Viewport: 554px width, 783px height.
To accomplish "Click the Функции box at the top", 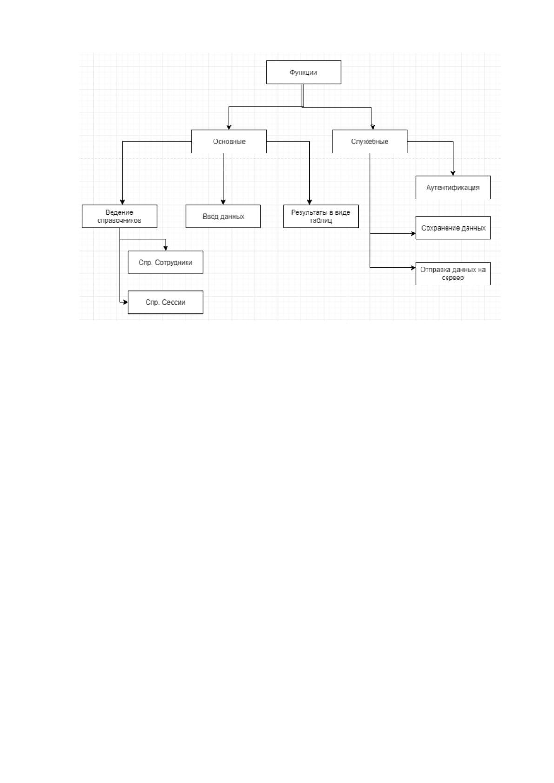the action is coord(304,73).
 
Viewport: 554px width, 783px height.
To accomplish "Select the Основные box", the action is coord(229,141).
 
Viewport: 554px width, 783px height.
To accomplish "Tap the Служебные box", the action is coord(370,141).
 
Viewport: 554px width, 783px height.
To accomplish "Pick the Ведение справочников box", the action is coord(120,216).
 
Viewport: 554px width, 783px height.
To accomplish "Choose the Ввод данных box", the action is coord(223,216).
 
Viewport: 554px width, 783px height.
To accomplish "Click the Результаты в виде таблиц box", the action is coord(321,216).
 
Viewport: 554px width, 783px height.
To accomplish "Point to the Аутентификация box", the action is coord(453,188).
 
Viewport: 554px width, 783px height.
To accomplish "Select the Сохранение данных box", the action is coord(453,228).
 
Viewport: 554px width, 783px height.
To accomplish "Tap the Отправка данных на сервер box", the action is coord(453,274).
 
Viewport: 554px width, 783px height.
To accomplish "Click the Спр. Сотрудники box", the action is coord(166,262).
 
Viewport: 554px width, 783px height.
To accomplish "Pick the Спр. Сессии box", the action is coord(166,302).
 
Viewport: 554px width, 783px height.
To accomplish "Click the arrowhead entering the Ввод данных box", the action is coord(223,202).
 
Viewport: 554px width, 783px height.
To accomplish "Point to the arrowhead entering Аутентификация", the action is coord(453,173).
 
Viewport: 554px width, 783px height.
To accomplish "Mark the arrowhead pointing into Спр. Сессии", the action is coord(126,302).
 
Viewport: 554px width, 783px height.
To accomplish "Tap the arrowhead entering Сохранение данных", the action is coord(414,233).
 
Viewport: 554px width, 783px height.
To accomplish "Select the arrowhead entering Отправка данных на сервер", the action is coord(414,268).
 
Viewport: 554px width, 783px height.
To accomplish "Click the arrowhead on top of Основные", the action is coord(229,127).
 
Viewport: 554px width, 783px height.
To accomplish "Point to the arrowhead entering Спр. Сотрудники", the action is coord(166,248).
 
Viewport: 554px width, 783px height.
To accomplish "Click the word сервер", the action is coord(453,278).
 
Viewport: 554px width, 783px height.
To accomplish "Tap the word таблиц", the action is coord(320,220).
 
